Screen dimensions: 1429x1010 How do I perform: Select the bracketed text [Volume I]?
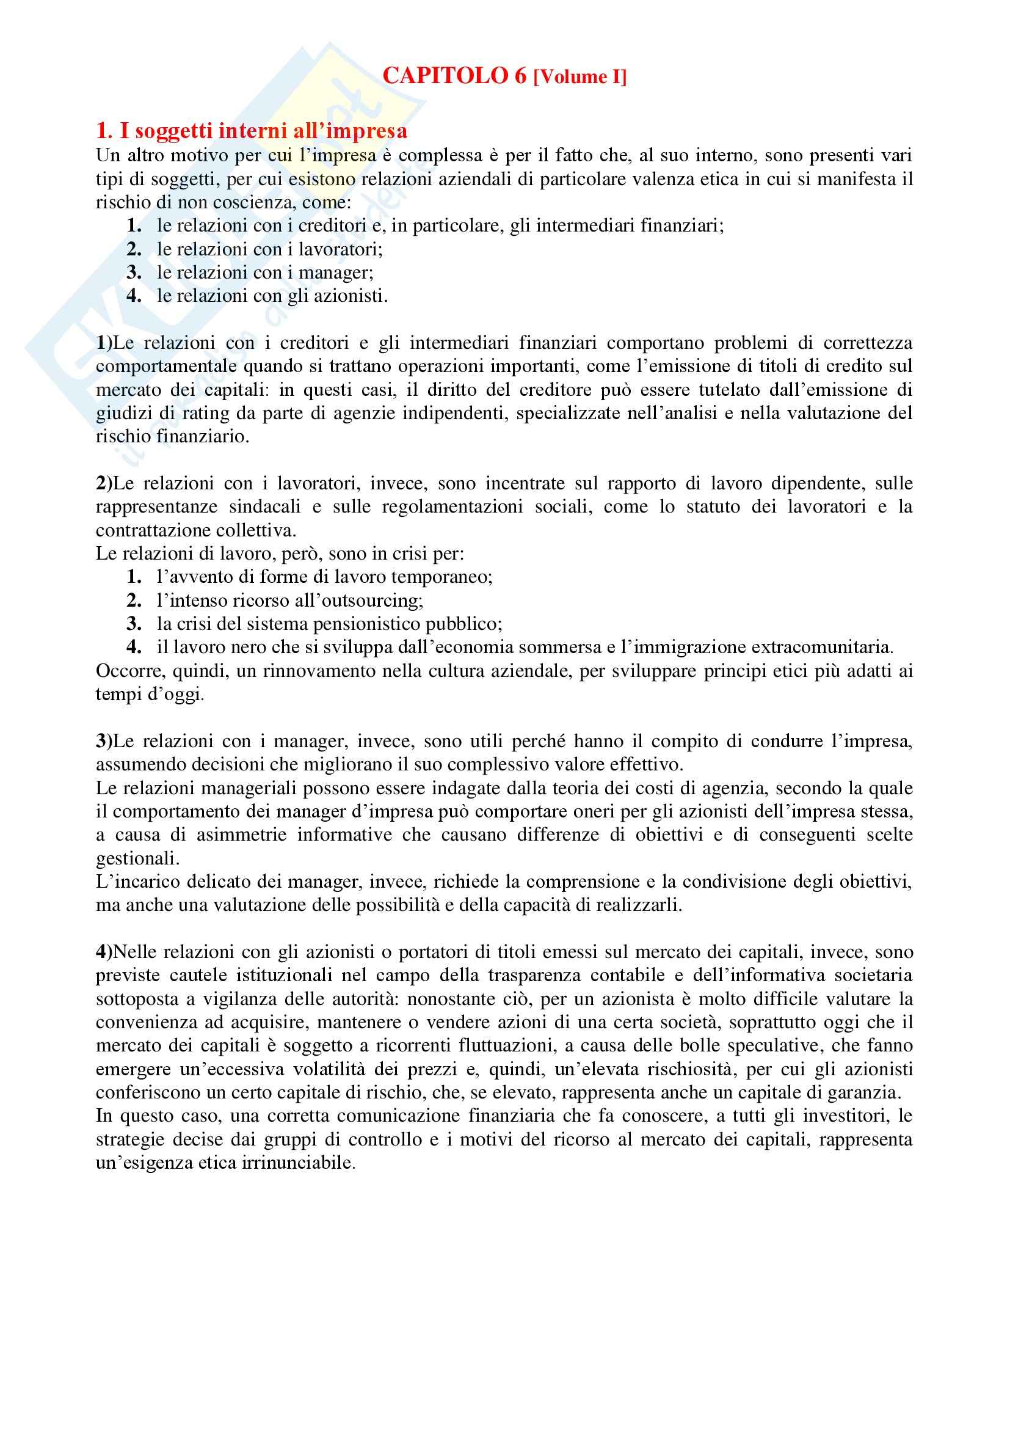point(579,77)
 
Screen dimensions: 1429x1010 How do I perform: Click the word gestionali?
point(137,858)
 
